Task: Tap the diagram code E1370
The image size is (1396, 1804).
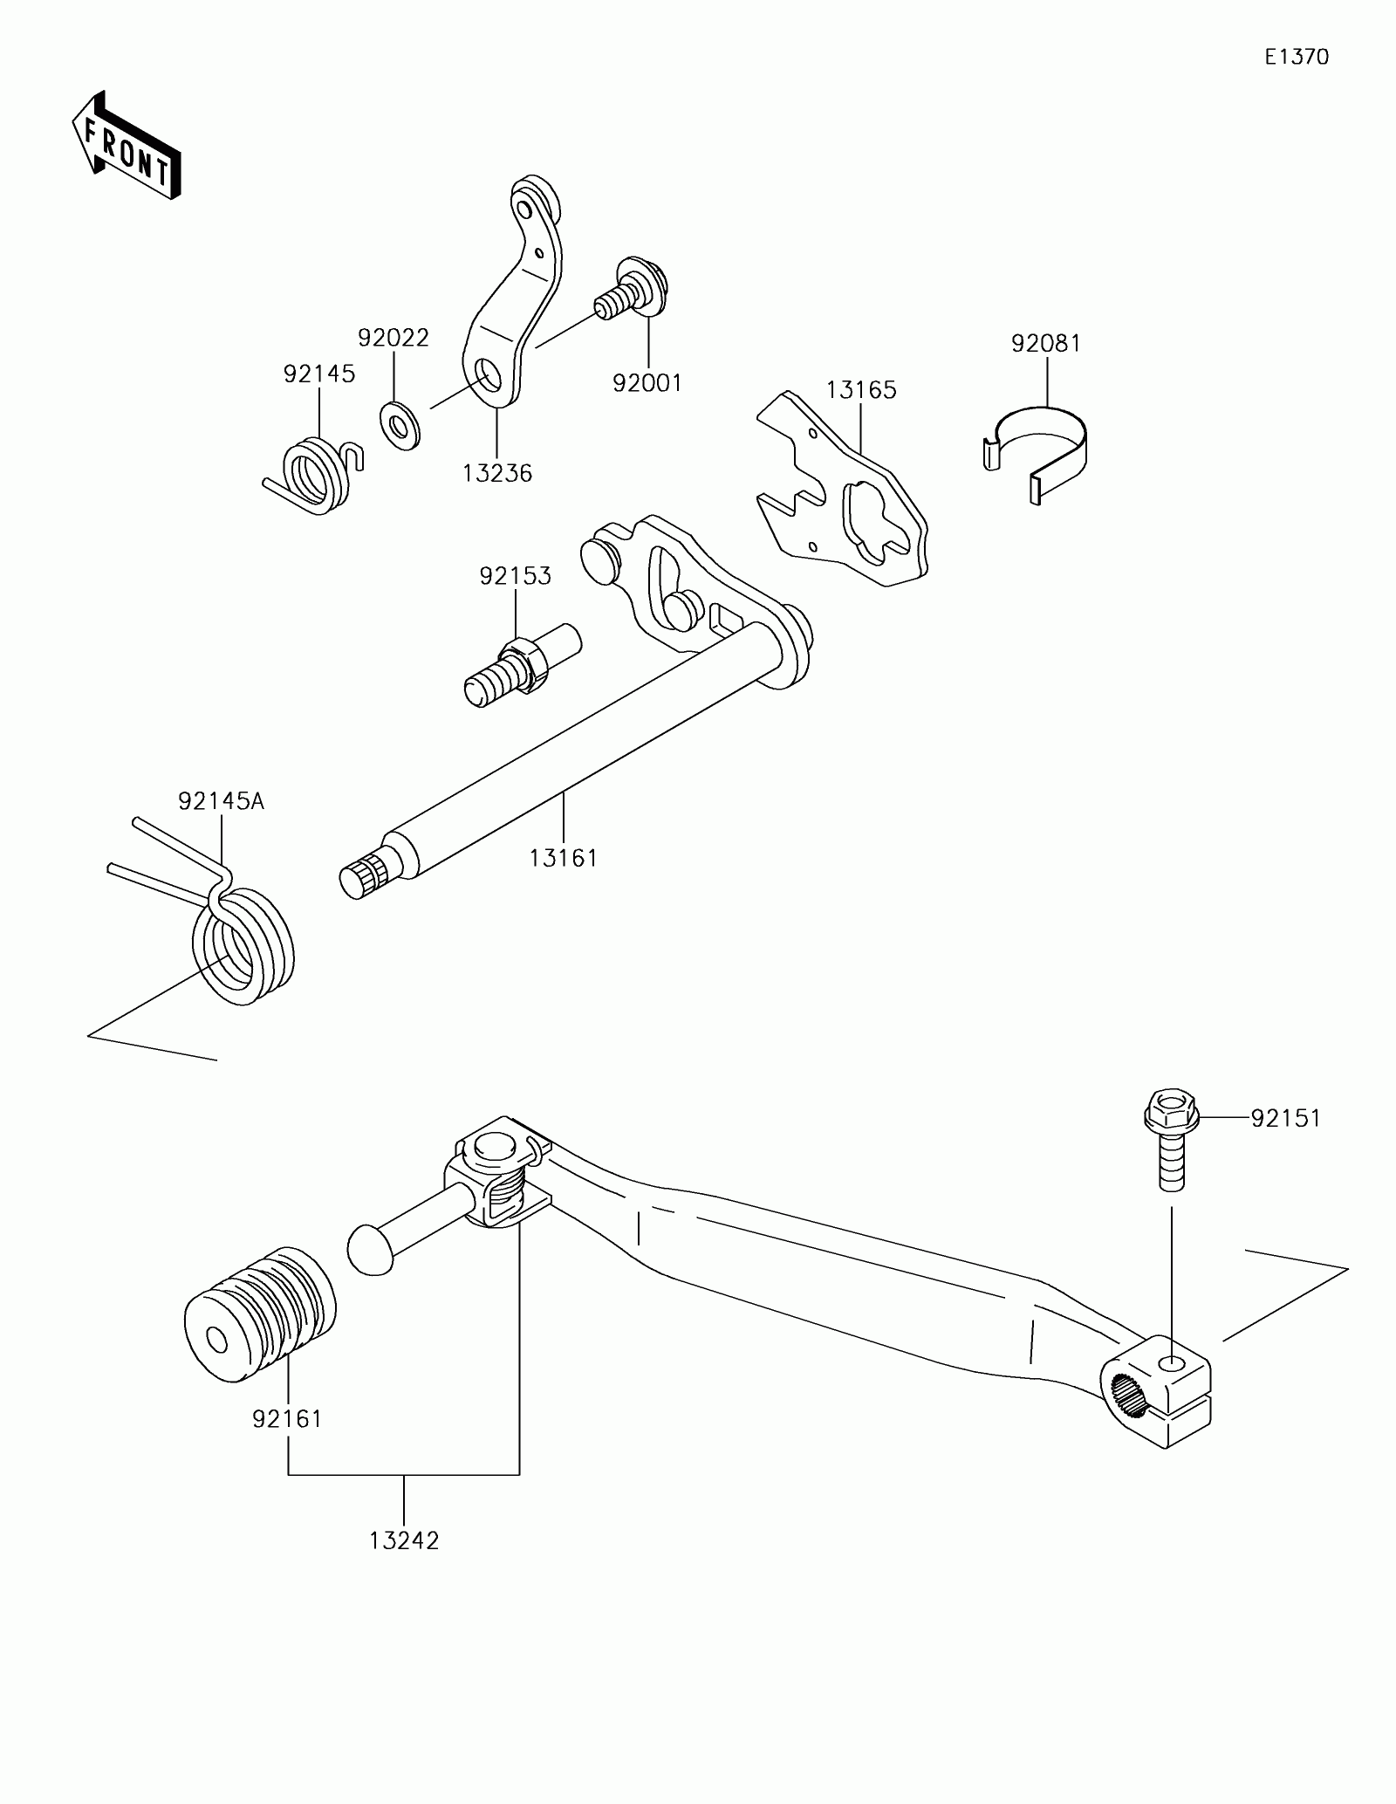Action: [x=1297, y=58]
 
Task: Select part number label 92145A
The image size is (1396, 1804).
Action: [x=221, y=801]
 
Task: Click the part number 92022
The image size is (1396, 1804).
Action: [x=393, y=338]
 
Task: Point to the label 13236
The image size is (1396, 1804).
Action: [x=497, y=473]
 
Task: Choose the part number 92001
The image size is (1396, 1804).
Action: [x=647, y=383]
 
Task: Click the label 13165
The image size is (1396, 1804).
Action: [x=861, y=390]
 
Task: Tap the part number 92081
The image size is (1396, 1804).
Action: [x=1045, y=344]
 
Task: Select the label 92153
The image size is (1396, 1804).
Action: [x=515, y=576]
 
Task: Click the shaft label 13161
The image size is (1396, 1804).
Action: [x=563, y=858]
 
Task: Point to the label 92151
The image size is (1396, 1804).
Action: [x=1285, y=1118]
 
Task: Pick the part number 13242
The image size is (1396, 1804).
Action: [x=404, y=1540]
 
